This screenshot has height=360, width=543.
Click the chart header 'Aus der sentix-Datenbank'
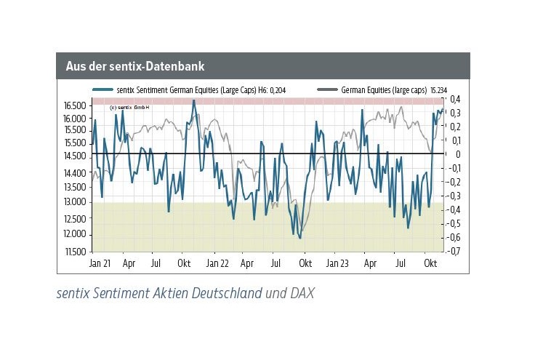[x=134, y=66]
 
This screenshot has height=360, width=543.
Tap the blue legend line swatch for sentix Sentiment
[x=102, y=89]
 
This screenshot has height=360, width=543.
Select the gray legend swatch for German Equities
[x=328, y=89]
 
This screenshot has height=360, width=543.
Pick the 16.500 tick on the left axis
[x=74, y=105]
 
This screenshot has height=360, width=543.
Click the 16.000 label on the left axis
[x=74, y=118]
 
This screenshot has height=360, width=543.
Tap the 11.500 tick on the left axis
[x=74, y=252]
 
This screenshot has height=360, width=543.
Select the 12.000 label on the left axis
[x=74, y=234]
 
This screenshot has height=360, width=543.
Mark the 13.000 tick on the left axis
[x=74, y=202]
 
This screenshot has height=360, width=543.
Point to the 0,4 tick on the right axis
[x=455, y=100]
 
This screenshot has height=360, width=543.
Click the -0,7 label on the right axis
[x=454, y=252]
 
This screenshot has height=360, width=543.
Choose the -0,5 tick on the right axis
[x=454, y=224]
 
